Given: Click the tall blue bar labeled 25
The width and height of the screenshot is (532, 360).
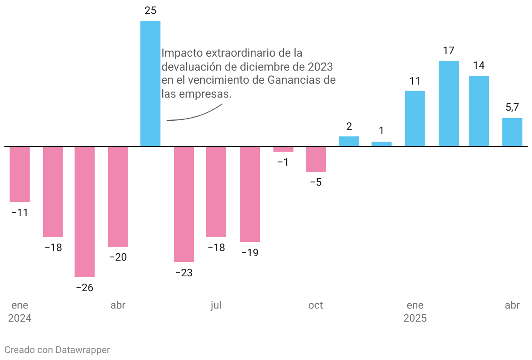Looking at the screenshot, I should click(x=150, y=83).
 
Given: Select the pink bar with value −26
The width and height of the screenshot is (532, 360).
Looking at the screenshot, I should click(x=85, y=211).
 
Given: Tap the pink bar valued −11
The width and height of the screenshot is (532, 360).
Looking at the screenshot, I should click(x=20, y=174).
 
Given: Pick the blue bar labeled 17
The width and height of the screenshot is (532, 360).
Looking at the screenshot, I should click(x=448, y=104).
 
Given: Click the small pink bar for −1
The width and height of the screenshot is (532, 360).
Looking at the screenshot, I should click(x=283, y=149).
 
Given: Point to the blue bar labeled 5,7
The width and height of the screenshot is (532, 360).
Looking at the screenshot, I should click(x=512, y=132).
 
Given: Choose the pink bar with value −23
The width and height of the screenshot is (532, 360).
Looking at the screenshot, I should click(x=184, y=204).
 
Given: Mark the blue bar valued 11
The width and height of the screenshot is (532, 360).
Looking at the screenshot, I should click(x=415, y=119).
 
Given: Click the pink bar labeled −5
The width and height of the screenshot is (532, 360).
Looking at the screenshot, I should click(x=316, y=159).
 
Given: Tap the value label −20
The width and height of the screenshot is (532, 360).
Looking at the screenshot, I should click(x=118, y=257).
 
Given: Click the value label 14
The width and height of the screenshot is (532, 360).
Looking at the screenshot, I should click(x=479, y=66).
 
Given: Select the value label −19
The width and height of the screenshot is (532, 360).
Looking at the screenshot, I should click(x=249, y=252).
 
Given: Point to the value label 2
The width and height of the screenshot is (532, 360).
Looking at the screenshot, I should click(x=349, y=127).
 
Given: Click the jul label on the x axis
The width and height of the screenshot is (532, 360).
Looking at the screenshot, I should click(x=216, y=305).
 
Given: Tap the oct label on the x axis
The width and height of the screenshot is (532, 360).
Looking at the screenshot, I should click(x=316, y=305).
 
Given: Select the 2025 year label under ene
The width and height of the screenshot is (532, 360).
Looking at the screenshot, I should click(x=415, y=318).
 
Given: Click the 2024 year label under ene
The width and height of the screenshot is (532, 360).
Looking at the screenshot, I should click(x=20, y=318).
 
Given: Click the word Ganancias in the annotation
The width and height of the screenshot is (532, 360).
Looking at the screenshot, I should click(x=295, y=81).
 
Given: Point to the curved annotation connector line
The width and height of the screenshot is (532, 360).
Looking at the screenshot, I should click(x=196, y=116).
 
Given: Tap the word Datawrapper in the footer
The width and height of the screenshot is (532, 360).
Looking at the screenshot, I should click(x=82, y=350).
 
